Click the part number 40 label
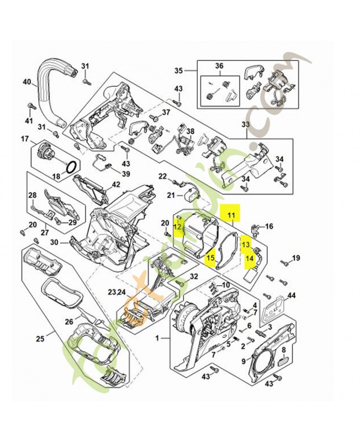tap(26, 82)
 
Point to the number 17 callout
tap(25, 138)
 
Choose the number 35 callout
tap(178, 71)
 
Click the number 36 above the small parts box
tap(219, 66)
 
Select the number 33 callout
tap(246, 125)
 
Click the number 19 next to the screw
tap(295, 258)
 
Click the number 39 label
tap(126, 174)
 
